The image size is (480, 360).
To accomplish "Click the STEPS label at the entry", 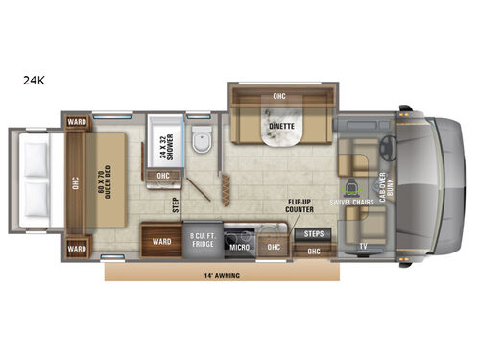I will tap(314, 233).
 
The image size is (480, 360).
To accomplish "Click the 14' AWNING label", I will tap(221, 276).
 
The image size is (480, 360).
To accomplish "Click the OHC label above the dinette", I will tap(279, 96).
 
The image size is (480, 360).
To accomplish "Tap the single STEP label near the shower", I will tap(175, 205).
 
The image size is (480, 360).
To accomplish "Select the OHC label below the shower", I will tap(163, 176).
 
